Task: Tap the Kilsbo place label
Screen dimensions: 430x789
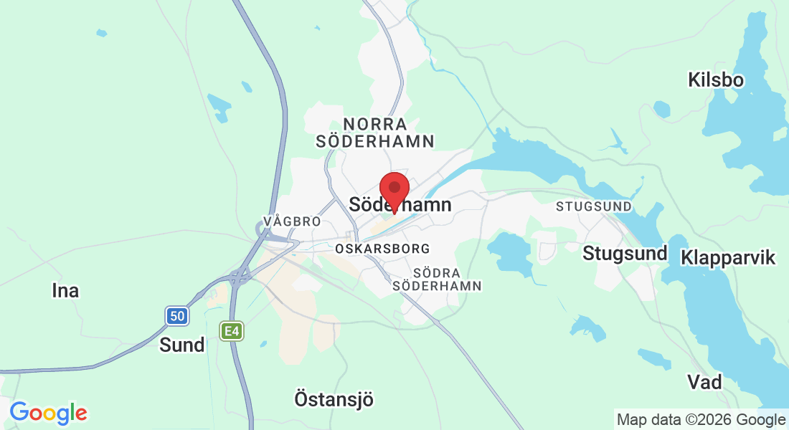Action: click(715, 79)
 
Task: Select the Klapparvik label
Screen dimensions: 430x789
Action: click(729, 257)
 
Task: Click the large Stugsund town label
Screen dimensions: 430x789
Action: click(625, 253)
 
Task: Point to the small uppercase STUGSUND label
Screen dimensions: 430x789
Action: click(594, 206)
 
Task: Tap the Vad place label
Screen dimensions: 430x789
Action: click(704, 381)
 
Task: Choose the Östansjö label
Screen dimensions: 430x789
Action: click(334, 398)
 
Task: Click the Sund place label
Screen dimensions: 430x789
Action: click(181, 345)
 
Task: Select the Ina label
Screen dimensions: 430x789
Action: click(65, 290)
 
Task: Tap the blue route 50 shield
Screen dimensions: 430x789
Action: click(176, 315)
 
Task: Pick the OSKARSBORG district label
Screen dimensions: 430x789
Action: click(382, 249)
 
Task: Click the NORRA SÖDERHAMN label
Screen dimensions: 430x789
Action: click(375, 133)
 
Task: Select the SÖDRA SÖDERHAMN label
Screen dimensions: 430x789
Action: click(437, 279)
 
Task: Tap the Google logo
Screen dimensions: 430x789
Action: click(48, 413)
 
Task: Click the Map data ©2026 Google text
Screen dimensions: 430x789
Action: click(701, 419)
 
